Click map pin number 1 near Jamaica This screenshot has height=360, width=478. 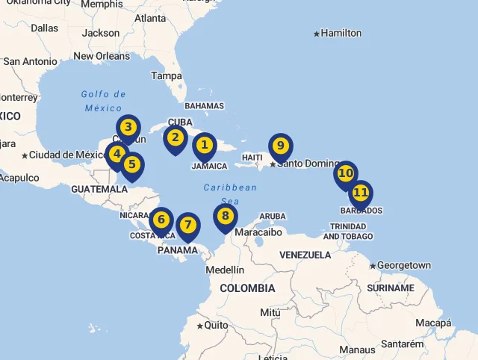(x=204, y=146)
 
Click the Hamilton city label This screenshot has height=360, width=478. (x=341, y=33)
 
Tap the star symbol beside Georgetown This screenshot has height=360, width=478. (x=373, y=266)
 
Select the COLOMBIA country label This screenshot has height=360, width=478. (x=247, y=288)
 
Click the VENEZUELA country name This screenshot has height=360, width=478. (x=305, y=255)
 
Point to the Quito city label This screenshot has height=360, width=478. (x=217, y=326)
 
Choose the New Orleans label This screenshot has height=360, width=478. (x=102, y=56)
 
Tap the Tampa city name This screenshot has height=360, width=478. (x=167, y=76)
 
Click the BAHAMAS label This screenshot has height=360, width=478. (x=204, y=106)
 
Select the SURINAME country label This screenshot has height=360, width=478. (x=390, y=288)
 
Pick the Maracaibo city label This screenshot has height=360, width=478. (x=258, y=232)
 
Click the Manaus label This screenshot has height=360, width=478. (x=357, y=350)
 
